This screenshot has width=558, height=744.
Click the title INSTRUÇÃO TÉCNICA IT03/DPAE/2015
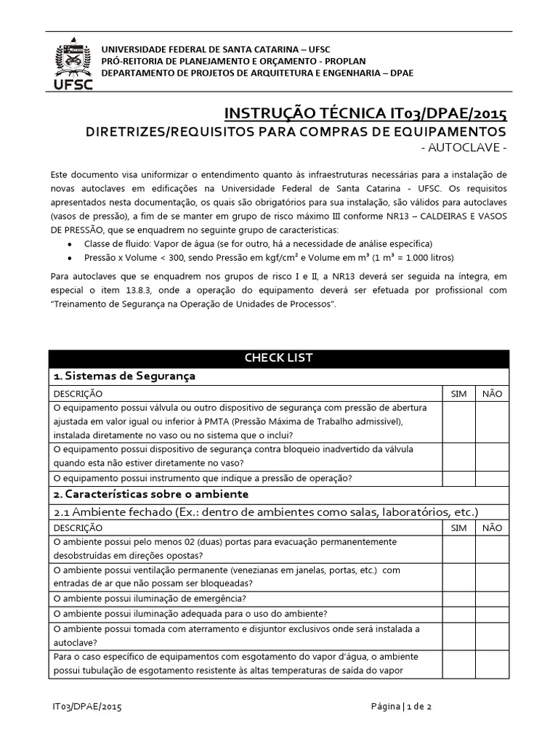[365, 113]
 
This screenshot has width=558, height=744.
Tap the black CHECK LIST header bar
[279, 358]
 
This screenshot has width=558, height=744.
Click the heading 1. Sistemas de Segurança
[125, 376]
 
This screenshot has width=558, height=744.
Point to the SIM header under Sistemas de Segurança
[459, 393]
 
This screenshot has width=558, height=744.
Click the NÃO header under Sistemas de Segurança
[492, 393]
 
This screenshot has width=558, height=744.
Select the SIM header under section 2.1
[459, 527]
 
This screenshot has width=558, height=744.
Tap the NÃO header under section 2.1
[492, 527]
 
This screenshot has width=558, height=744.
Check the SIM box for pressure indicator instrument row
[459, 478]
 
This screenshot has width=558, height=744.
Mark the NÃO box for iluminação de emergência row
[492, 599]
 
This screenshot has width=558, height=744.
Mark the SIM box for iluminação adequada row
[459, 614]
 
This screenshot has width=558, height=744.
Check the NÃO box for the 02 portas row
[492, 549]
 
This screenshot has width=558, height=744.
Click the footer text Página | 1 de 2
[402, 705]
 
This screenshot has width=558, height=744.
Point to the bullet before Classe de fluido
[69, 244]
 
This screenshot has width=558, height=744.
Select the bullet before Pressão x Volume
[69, 259]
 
